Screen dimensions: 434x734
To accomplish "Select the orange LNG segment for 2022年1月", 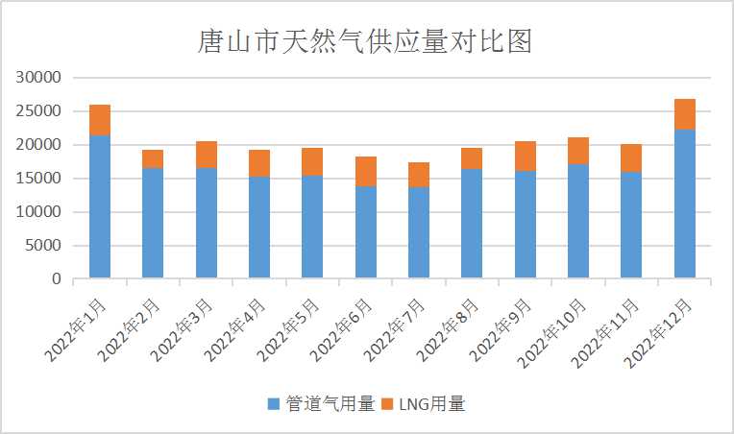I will tap(100, 120).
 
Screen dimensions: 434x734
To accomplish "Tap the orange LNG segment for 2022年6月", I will tap(366, 171).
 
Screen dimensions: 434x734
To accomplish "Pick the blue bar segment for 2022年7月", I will tap(419, 232).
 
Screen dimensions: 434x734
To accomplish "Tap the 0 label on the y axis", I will tap(57, 279).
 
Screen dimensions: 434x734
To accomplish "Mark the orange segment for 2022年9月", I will tap(525, 157).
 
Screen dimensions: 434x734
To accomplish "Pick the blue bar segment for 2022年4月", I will tap(259, 228).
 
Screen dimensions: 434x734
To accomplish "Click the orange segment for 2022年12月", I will tap(684, 114).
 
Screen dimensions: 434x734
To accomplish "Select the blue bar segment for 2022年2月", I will tap(153, 224).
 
